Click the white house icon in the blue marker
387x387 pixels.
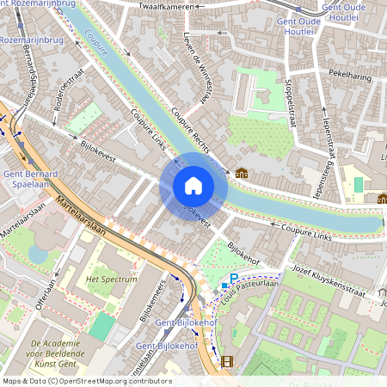point(193,185)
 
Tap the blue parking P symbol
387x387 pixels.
point(233,277)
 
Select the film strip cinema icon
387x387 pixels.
point(226,362)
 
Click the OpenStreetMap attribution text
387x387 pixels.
point(86,381)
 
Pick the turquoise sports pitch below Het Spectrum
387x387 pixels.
point(102,326)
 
